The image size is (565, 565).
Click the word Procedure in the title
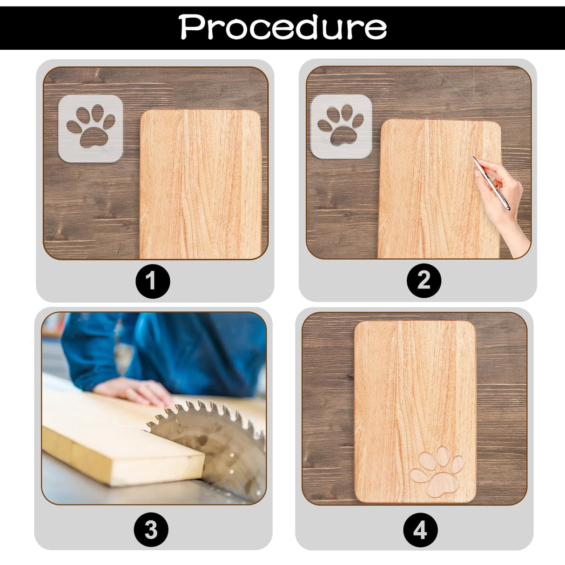(282, 27)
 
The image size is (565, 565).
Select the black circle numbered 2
(424, 281)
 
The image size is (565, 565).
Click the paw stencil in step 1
(91, 128)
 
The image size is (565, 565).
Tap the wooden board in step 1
(200, 184)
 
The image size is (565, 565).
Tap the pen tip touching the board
(472, 157)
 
